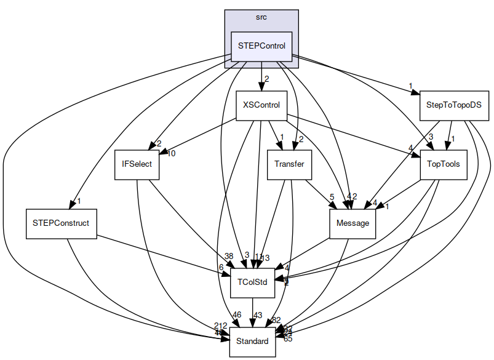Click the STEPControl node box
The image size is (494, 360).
click(x=261, y=47)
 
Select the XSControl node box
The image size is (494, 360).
click(x=261, y=105)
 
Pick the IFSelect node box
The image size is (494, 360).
click(x=137, y=164)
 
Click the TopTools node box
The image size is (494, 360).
click(x=439, y=164)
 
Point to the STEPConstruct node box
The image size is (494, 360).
click(x=61, y=223)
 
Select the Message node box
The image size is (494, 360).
click(x=353, y=223)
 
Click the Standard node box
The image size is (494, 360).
click(x=252, y=341)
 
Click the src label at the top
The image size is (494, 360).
click(x=261, y=17)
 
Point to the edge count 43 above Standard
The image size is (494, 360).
click(x=258, y=315)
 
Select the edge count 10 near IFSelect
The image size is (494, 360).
click(x=170, y=153)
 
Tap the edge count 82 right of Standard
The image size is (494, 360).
click(x=276, y=319)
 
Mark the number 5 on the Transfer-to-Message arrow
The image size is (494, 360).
click(x=331, y=197)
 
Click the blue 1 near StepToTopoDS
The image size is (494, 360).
click(x=410, y=86)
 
